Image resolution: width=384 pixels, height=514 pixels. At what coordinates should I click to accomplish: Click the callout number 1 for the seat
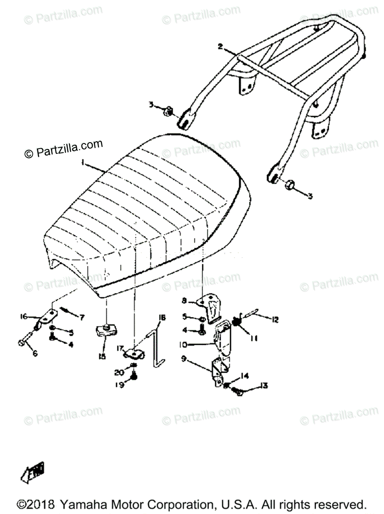pyautogui.click(x=84, y=164)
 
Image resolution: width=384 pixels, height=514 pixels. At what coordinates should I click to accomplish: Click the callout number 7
pyautogui.click(x=81, y=317)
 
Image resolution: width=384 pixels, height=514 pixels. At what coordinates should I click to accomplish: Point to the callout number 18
pyautogui.click(x=162, y=317)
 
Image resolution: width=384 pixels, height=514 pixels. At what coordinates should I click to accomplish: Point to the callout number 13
pyautogui.click(x=264, y=386)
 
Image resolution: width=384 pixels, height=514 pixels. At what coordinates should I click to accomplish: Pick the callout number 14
pyautogui.click(x=244, y=376)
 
